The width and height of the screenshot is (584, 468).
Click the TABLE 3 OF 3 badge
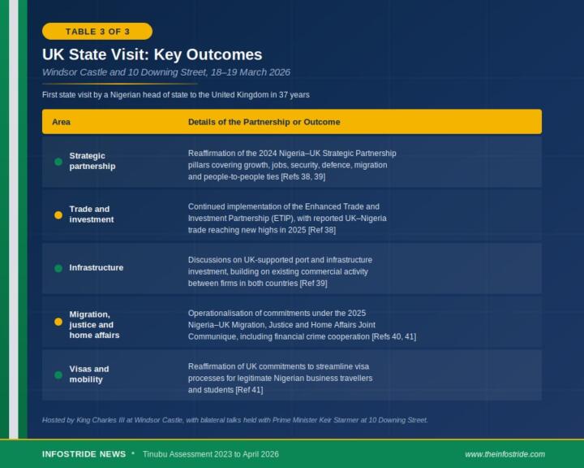coord(97,32)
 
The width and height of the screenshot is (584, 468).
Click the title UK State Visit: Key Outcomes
coord(152,54)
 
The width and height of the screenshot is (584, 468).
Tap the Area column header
coord(61,122)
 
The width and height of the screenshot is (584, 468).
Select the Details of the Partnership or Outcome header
coord(264,122)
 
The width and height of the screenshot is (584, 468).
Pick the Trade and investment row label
coord(91,214)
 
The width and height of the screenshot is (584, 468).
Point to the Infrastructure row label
coord(96,267)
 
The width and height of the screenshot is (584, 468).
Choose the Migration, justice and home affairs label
coord(94,324)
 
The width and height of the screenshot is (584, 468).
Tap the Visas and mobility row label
coord(88,374)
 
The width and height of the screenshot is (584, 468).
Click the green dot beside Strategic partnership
coord(58,162)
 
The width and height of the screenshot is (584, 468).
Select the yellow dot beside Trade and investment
coord(58,215)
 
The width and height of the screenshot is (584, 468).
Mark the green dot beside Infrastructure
coord(58,268)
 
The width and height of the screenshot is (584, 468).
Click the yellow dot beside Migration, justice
coord(58,322)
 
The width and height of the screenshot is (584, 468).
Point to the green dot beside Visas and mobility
coord(58,375)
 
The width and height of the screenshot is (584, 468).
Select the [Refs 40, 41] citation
coord(393,336)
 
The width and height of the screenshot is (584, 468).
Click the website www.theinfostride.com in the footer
coord(505,454)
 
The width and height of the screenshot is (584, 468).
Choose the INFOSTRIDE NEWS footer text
coord(84,454)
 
